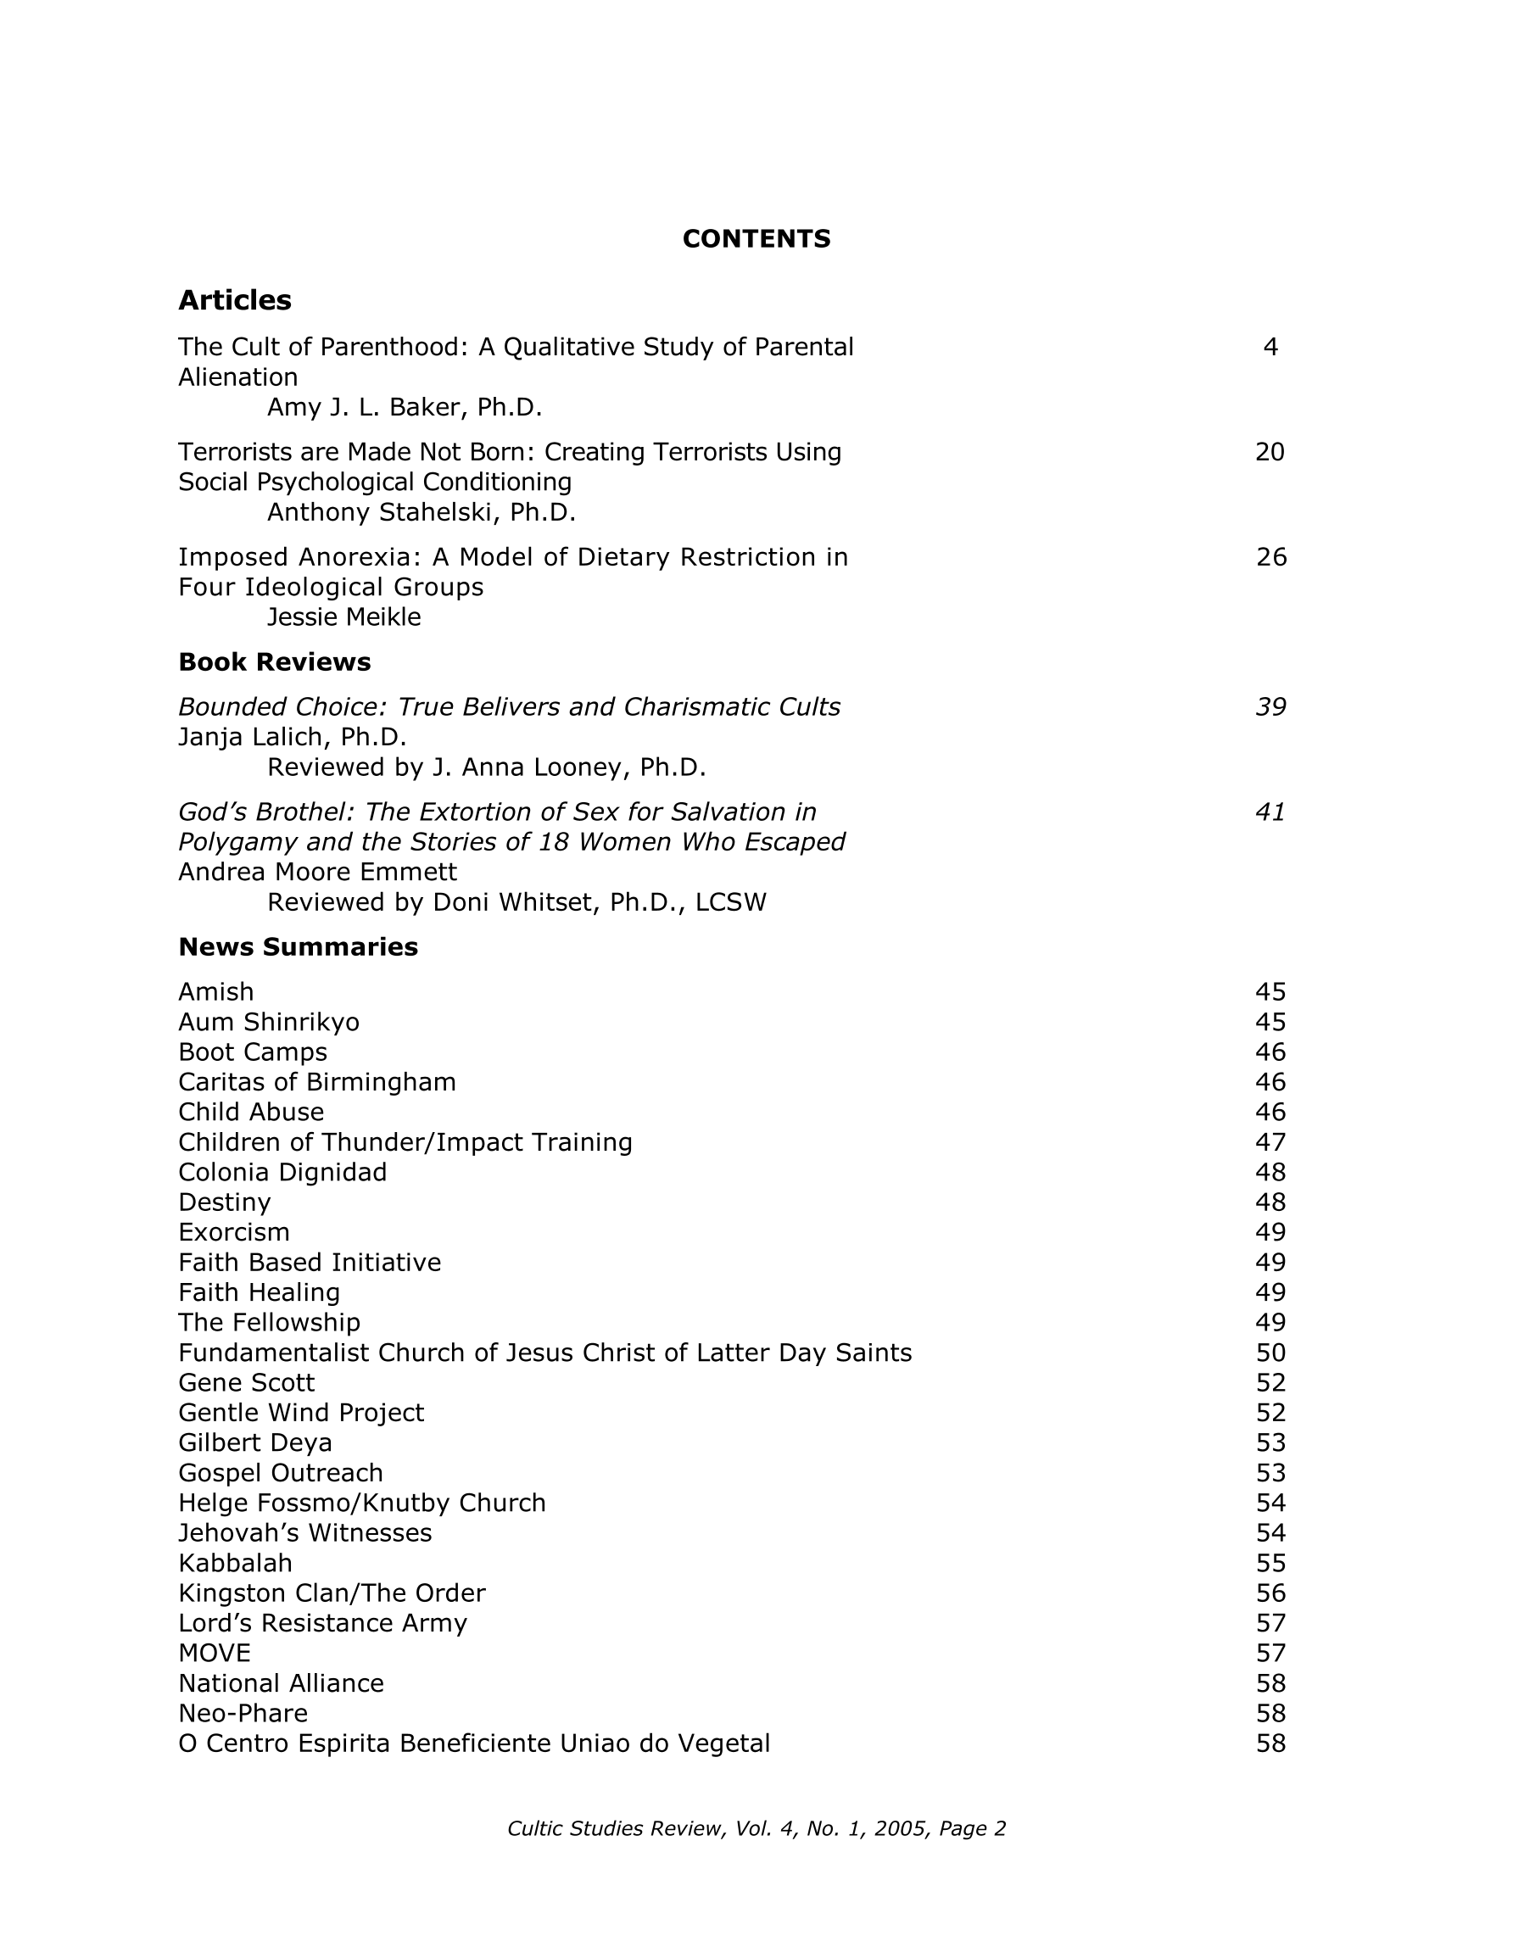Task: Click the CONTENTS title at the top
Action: pyautogui.click(x=756, y=238)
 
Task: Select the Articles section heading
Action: pyautogui.click(x=235, y=300)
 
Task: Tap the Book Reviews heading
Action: pyautogui.click(x=275, y=661)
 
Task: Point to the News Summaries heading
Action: pyautogui.click(x=298, y=946)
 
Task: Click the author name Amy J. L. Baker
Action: pyautogui.click(x=405, y=408)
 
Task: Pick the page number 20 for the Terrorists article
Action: pyautogui.click(x=1270, y=452)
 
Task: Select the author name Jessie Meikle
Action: pyautogui.click(x=344, y=617)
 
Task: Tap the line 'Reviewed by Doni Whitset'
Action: pyautogui.click(x=516, y=902)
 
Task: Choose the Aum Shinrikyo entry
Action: pyautogui.click(x=269, y=1022)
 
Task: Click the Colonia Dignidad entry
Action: pyautogui.click(x=282, y=1173)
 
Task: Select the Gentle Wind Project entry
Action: pyautogui.click(x=301, y=1413)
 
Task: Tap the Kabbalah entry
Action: pyautogui.click(x=235, y=1564)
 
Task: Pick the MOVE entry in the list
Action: pyautogui.click(x=215, y=1654)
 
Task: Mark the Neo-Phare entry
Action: pyautogui.click(x=243, y=1713)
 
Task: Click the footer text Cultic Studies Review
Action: pyautogui.click(x=756, y=1829)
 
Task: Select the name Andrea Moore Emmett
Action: pyautogui.click(x=317, y=873)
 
